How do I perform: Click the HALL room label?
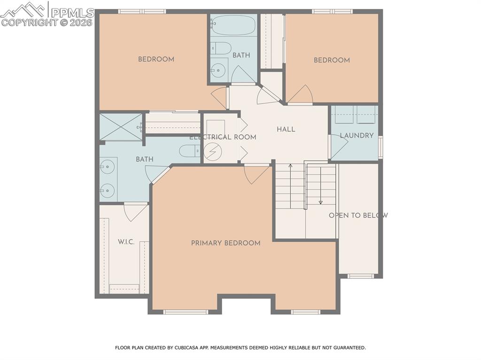pyautogui.click(x=286, y=129)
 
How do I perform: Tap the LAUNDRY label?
pyautogui.click(x=357, y=136)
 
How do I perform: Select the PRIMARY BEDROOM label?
pyautogui.click(x=225, y=243)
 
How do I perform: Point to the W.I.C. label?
pyautogui.click(x=126, y=242)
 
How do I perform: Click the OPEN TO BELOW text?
pyautogui.click(x=358, y=215)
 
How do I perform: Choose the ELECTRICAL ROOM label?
pyautogui.click(x=223, y=137)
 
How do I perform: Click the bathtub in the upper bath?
pyautogui.click(x=233, y=24)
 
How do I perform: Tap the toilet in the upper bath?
pyautogui.click(x=220, y=47)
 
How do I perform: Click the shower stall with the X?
pyautogui.click(x=120, y=127)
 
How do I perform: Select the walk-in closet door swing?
pyautogui.click(x=135, y=212)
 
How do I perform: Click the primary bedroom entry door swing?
pyautogui.click(x=256, y=173)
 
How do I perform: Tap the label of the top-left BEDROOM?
pyautogui.click(x=156, y=59)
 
